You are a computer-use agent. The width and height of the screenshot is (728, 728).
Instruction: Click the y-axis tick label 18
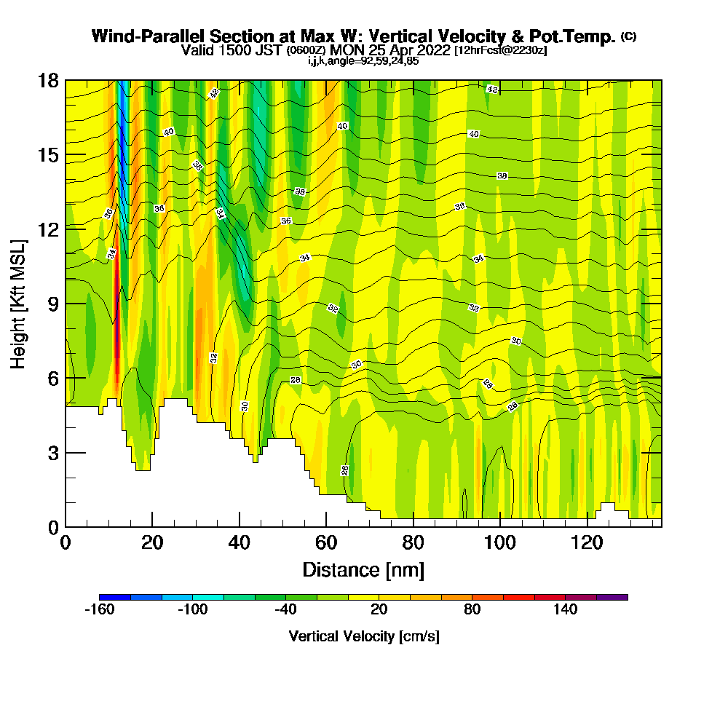point(48,81)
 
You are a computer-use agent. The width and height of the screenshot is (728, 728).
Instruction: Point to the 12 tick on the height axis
point(48,229)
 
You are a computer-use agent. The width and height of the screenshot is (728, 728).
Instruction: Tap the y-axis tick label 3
point(53,453)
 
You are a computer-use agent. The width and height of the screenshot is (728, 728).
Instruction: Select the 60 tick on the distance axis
point(326,542)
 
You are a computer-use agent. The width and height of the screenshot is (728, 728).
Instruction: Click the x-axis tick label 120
point(587,542)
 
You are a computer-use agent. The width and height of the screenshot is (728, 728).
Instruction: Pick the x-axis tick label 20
point(152,542)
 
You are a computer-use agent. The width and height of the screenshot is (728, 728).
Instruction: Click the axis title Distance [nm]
point(363,569)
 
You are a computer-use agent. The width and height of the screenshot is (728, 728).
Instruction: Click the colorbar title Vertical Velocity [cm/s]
point(364,636)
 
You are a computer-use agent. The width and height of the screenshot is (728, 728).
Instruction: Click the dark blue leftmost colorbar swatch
point(115,597)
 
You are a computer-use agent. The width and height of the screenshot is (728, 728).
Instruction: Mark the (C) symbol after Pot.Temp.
point(628,36)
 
